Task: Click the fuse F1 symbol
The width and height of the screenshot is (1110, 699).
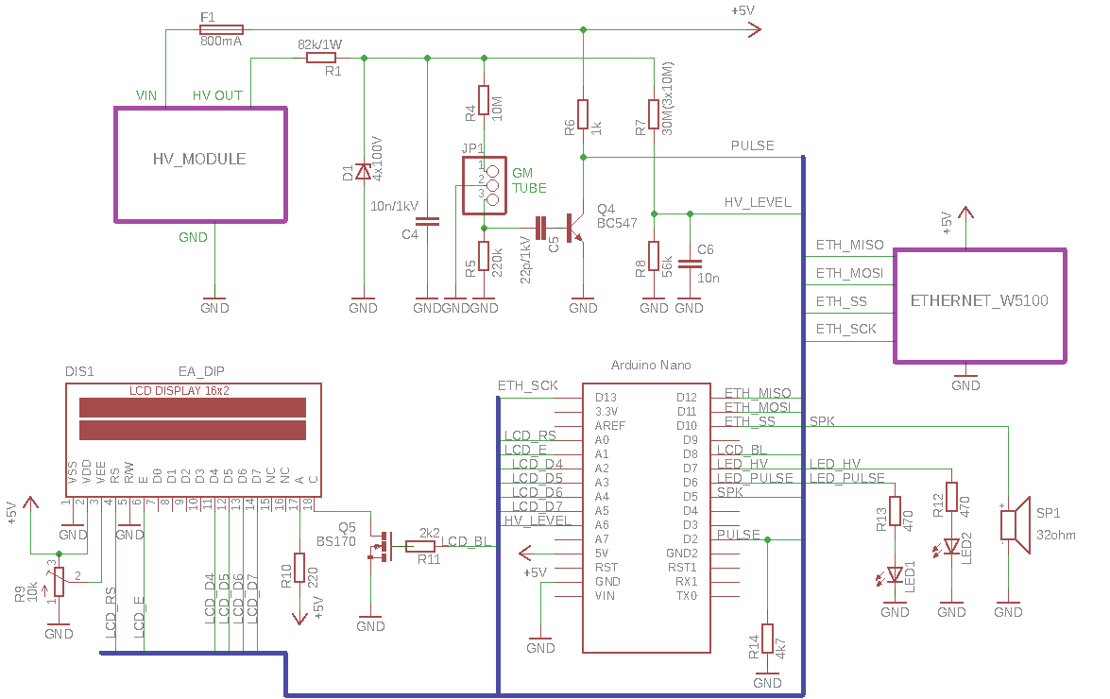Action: coord(222,29)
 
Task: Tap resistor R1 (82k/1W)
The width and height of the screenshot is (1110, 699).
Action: coord(320,58)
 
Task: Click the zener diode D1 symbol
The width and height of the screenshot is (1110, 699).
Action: coord(363,171)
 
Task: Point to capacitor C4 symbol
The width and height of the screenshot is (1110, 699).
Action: coord(428,221)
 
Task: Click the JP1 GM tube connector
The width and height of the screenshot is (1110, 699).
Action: coord(485,185)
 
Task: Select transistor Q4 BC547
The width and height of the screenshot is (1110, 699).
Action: coord(574,228)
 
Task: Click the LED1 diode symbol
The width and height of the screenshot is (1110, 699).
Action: coord(894,574)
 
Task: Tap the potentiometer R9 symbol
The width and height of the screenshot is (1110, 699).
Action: coord(59,582)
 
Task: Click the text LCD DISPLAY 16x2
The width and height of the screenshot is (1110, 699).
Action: coord(179,390)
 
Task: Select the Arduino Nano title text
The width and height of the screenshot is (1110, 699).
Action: coord(651,365)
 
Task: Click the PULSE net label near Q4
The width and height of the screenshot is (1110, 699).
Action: coord(753,145)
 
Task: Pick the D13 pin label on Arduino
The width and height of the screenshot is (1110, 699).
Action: coord(606,398)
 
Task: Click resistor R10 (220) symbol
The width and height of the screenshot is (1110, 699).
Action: coord(299,568)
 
